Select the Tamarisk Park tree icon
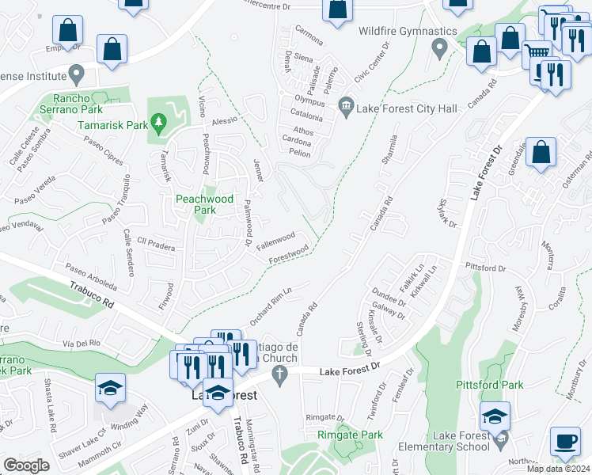click(x=159, y=122)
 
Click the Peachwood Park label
click(x=195, y=204)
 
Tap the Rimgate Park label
click(x=350, y=435)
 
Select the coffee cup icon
click(x=565, y=440)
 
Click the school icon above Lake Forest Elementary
click(x=495, y=416)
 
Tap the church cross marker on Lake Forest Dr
click(x=279, y=373)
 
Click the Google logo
click(x=26, y=465)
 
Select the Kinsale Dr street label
click(x=376, y=326)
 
